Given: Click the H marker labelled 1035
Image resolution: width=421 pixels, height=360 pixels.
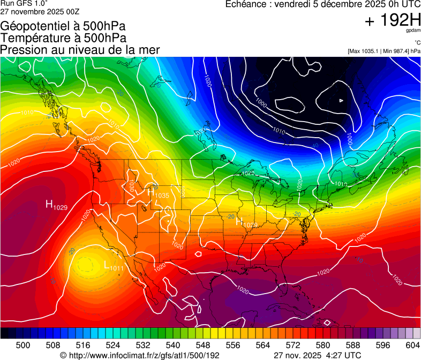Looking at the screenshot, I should [151, 191].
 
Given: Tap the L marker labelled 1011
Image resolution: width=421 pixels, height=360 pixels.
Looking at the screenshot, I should [107, 265].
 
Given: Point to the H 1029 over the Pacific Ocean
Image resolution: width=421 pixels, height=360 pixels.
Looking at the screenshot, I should [49, 204].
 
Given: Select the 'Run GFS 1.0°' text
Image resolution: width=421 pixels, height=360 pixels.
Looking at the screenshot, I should [24, 3].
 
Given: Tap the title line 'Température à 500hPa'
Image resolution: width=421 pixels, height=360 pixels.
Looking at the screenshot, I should [64, 37].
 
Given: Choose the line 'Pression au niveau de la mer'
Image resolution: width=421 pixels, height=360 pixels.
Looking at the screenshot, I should [80, 50].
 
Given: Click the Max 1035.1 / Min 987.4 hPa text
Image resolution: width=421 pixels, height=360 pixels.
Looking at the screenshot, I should [384, 51].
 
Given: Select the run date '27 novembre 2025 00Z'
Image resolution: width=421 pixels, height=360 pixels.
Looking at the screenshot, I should [40, 11].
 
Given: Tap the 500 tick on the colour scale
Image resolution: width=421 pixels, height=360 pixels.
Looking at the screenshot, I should [23, 345].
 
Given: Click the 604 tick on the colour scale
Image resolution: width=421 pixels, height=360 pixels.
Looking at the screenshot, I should [412, 345].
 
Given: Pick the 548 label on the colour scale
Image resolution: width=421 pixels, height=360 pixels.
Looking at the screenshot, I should [203, 345].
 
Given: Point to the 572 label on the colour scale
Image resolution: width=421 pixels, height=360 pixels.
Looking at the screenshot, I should [292, 345].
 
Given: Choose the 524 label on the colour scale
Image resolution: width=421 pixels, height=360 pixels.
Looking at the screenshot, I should [113, 345].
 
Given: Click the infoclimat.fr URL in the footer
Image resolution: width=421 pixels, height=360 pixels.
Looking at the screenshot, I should [145, 355].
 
